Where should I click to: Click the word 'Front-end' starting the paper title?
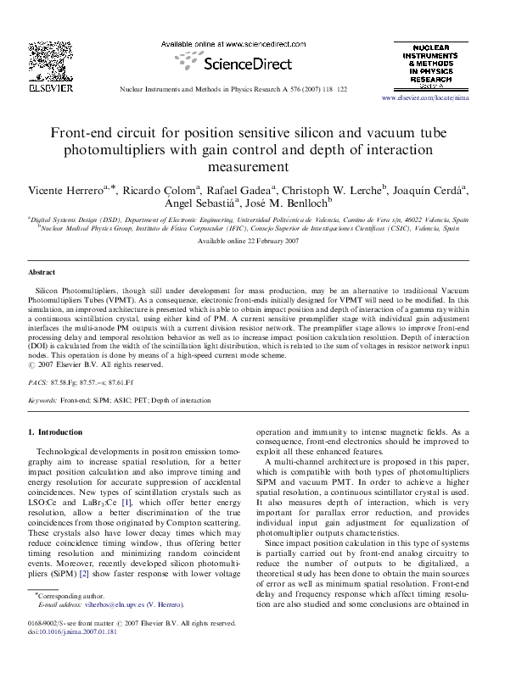pyautogui.click(x=84, y=134)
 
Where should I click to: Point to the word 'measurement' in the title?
pyautogui.click(x=252, y=166)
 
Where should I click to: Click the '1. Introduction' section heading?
pyautogui.click(x=56, y=432)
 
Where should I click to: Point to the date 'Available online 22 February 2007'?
pyautogui.click(x=252, y=242)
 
